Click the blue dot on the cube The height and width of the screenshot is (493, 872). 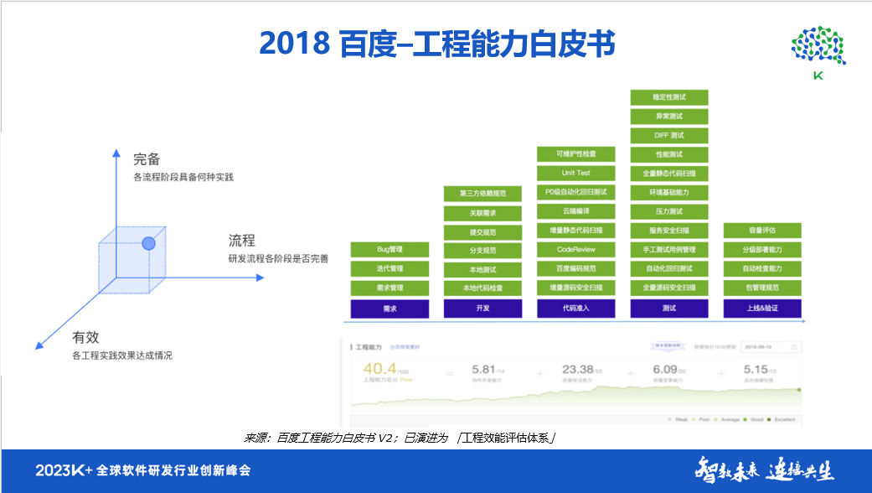[148, 244]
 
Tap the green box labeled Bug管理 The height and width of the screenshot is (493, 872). [390, 250]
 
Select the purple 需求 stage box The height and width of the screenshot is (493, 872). [390, 309]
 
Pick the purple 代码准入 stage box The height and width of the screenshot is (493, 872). [575, 309]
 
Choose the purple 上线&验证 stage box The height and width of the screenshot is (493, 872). [762, 309]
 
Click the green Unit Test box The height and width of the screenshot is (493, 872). [575, 173]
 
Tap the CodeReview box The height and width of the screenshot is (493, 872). [575, 250]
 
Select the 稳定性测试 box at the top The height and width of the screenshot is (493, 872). [668, 97]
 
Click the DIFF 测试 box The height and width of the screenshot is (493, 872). [668, 135]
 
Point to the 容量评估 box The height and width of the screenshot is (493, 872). [762, 231]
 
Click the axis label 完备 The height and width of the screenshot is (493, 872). [147, 158]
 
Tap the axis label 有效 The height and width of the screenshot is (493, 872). [85, 337]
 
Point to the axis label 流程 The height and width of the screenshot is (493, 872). [242, 241]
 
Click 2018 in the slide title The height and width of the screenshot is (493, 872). [292, 42]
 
